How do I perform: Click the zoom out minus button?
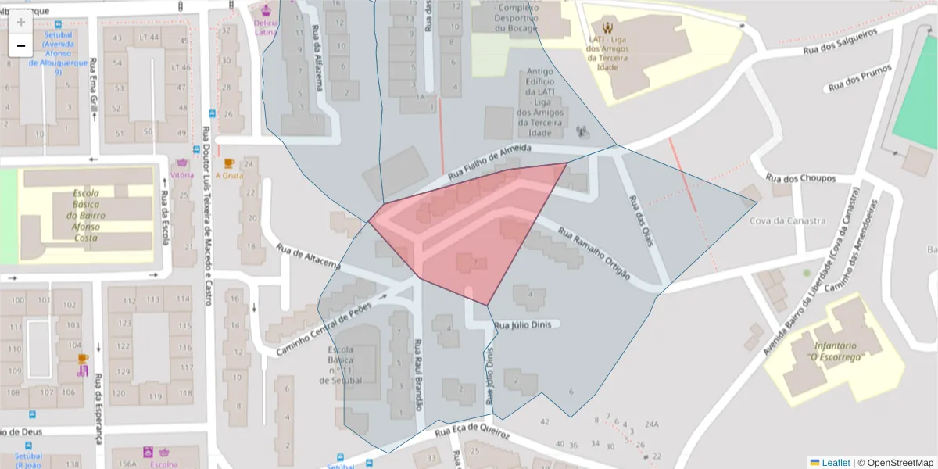21,45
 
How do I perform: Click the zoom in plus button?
21,22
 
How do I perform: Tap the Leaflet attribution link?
835,462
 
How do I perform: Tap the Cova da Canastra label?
787,220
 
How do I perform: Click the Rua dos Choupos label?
800,178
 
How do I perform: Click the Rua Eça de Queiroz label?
472,431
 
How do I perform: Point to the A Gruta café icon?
228,163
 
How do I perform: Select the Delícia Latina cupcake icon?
266,11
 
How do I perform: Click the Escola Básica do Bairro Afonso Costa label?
85,215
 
